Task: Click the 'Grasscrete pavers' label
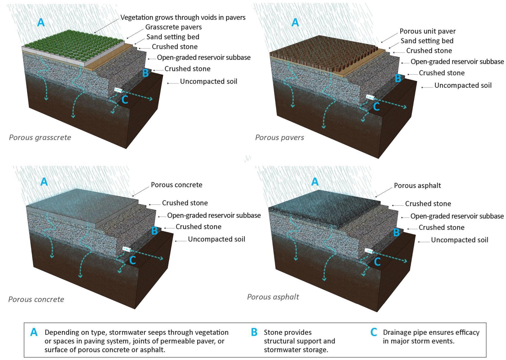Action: pyautogui.click(x=173, y=27)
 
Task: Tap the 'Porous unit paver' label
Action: pyautogui.click(x=428, y=31)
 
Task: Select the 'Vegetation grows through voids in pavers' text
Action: pyautogui.click(x=183, y=17)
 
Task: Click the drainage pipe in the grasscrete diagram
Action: pyautogui.click(x=119, y=90)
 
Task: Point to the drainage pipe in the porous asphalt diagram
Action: pyautogui.click(x=369, y=250)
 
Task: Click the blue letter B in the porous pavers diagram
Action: pyautogui.click(x=398, y=78)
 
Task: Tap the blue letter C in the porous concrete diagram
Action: pyautogui.click(x=132, y=260)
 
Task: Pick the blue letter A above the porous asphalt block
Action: pyautogui.click(x=315, y=182)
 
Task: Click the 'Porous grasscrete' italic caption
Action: pyautogui.click(x=40, y=138)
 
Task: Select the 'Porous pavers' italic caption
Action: pyautogui.click(x=279, y=138)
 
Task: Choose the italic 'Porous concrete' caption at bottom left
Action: pyautogui.click(x=36, y=299)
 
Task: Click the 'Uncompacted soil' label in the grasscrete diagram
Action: pyautogui.click(x=208, y=82)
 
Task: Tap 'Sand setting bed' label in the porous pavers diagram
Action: pyautogui.click(x=427, y=41)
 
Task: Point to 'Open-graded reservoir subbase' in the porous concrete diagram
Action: pyautogui.click(x=214, y=215)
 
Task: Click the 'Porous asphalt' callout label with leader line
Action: pyautogui.click(x=417, y=186)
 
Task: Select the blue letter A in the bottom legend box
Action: pyautogui.click(x=34, y=332)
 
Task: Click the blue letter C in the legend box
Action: pyautogui.click(x=374, y=332)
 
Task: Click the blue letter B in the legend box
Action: pyautogui.click(x=254, y=332)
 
